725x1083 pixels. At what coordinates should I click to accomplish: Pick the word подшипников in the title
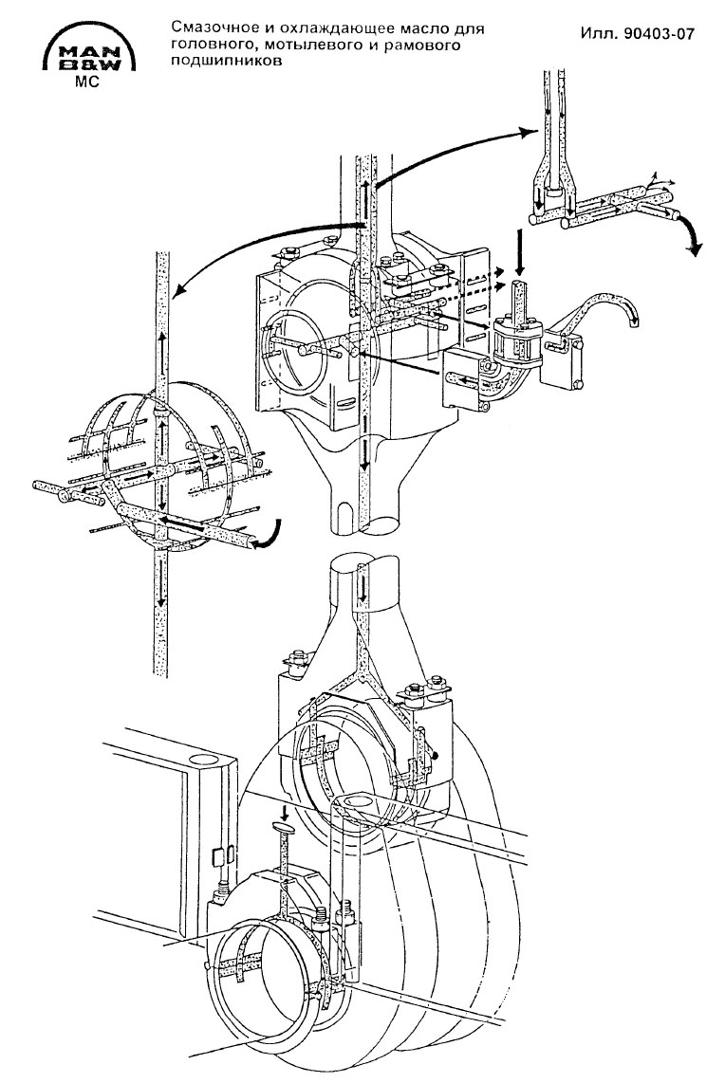[228, 60]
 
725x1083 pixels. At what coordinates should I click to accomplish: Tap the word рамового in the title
[423, 45]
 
